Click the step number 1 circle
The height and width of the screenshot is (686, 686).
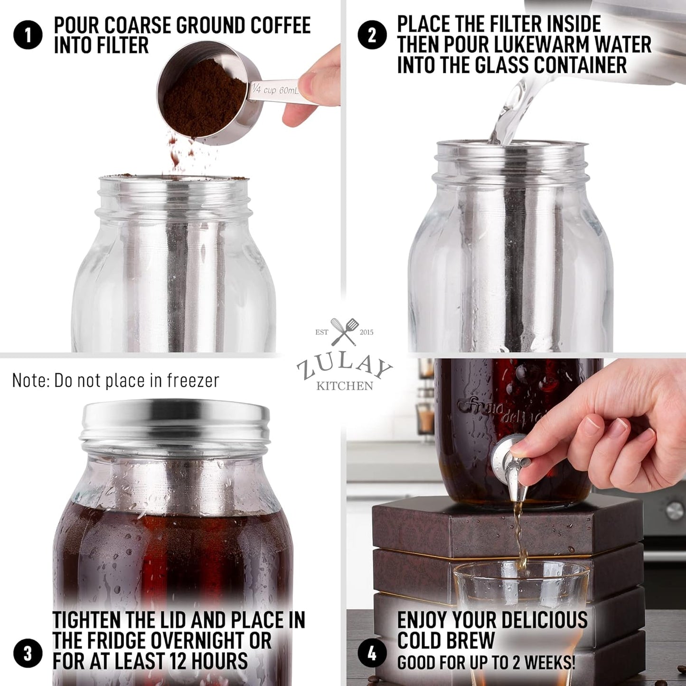pos(28,35)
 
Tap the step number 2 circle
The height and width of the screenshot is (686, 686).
pos(372,35)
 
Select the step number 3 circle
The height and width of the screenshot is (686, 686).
pos(28,653)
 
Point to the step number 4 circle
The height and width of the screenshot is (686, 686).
pos(372,653)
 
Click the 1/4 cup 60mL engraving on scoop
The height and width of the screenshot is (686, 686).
pos(275,89)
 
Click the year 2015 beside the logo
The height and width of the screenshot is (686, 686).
pos(366,332)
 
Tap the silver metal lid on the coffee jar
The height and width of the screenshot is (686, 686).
pos(176,420)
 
